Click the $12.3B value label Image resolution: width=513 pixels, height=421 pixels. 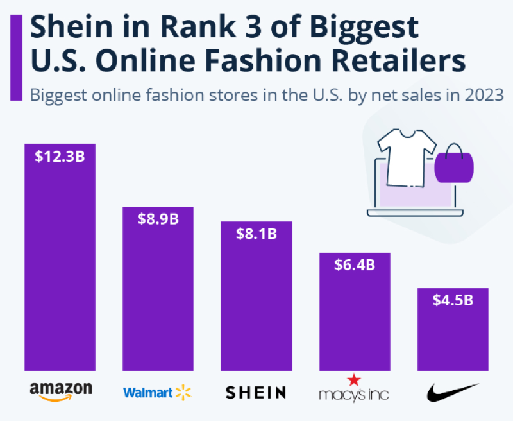(59, 156)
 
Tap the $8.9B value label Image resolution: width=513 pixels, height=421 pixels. (158, 219)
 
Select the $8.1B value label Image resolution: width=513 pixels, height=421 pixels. (256, 234)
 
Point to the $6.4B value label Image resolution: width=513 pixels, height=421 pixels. (355, 264)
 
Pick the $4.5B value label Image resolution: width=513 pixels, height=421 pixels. (453, 300)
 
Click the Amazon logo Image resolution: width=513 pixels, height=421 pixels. (60, 390)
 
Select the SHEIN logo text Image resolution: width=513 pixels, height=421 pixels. (256, 391)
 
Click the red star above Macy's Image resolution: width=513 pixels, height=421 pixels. (355, 380)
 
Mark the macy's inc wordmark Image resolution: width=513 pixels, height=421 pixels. (355, 393)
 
